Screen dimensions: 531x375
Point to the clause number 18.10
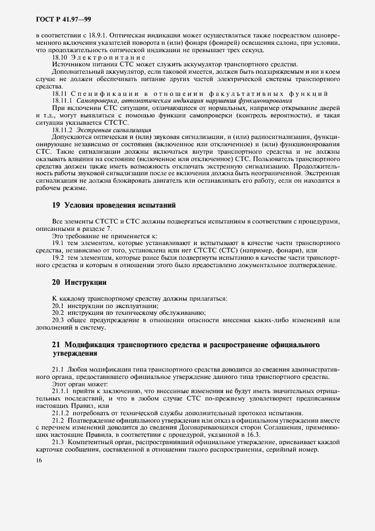point(60,58)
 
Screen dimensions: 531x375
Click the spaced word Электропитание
point(108,58)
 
